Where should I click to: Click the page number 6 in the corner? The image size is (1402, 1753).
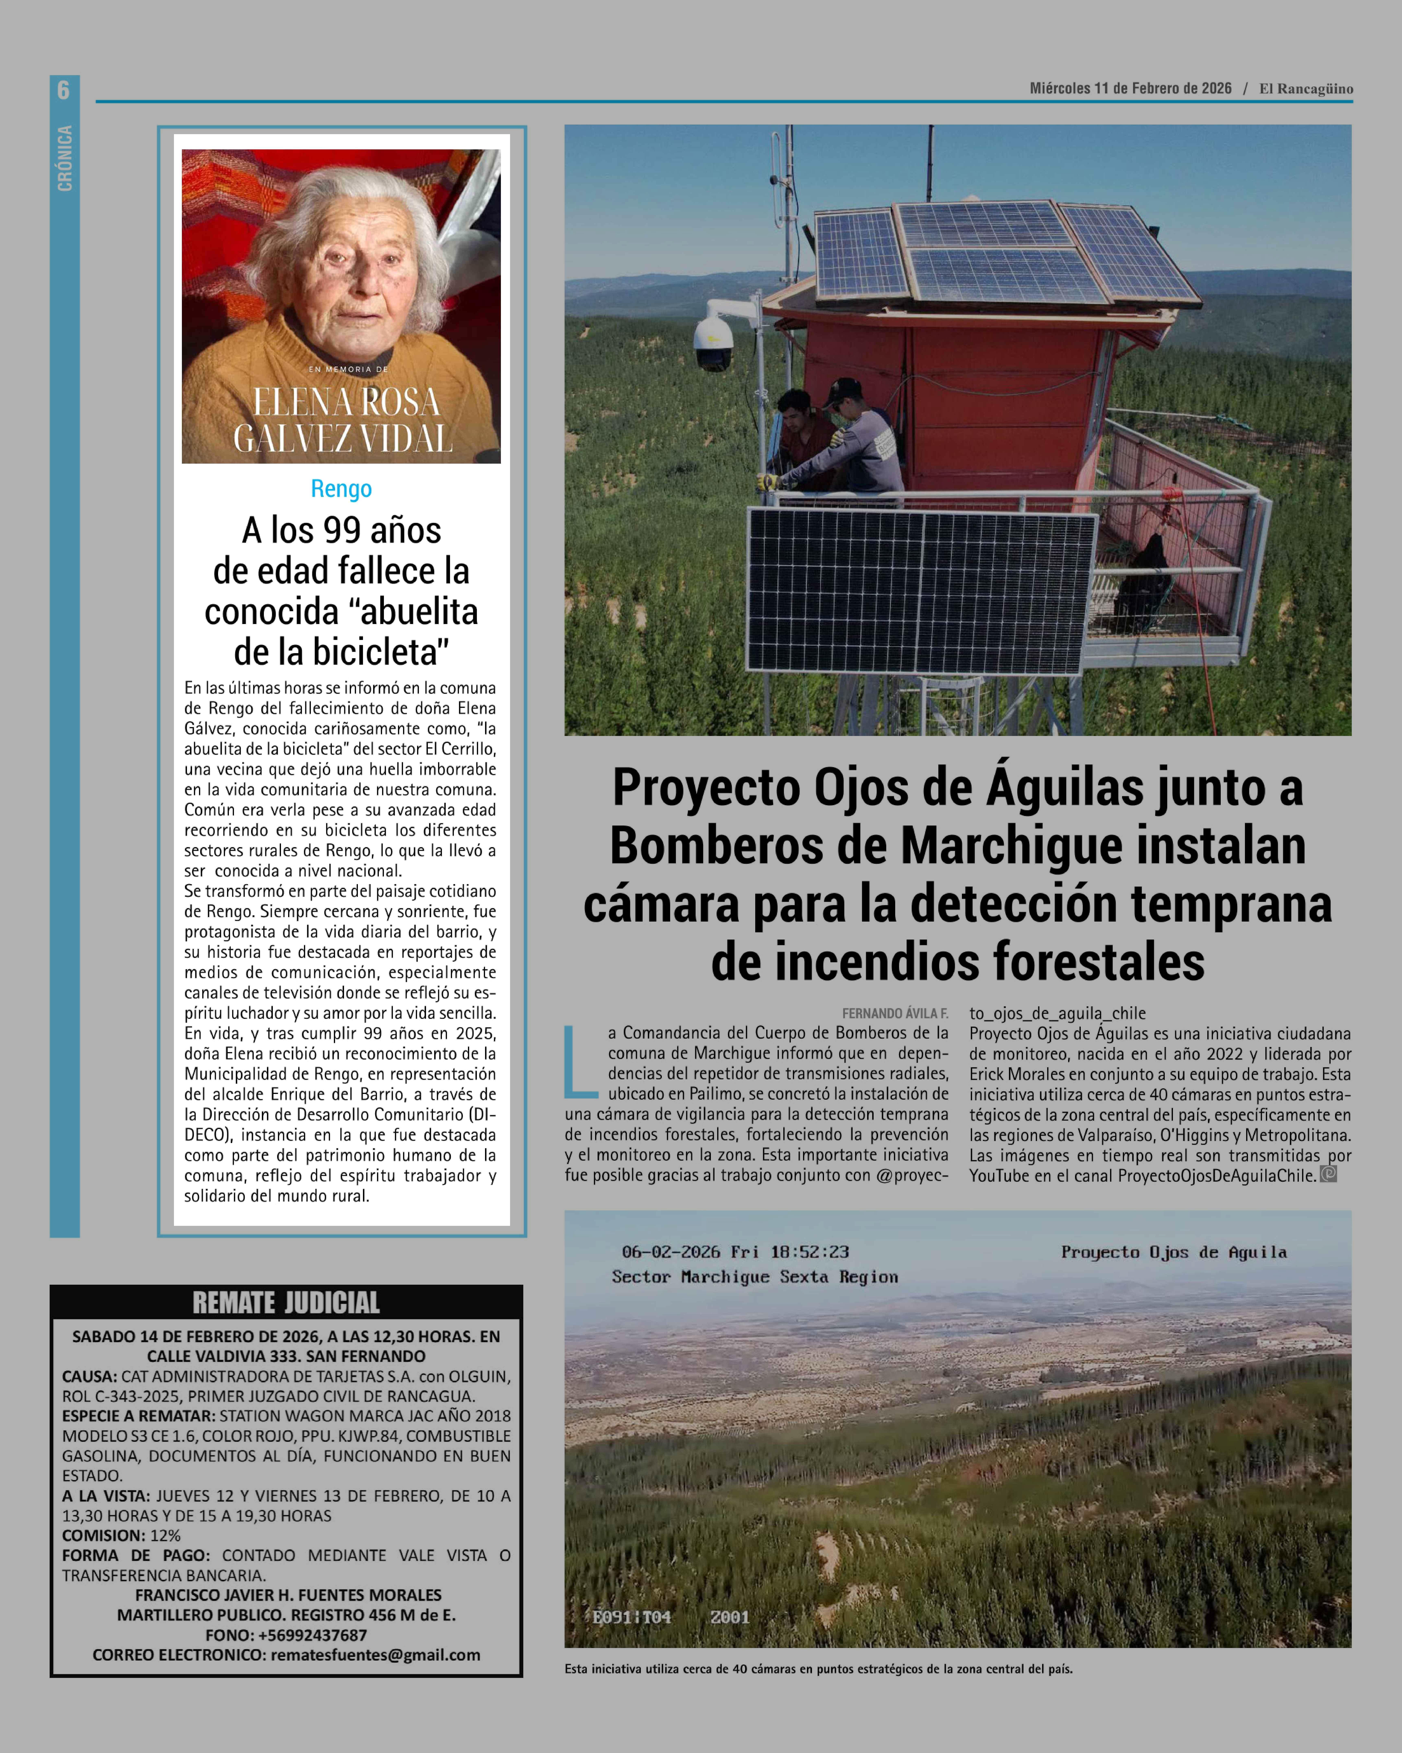[x=63, y=89]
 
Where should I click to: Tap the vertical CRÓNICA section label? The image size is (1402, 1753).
[x=64, y=159]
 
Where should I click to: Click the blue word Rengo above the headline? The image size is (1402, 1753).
[x=341, y=489]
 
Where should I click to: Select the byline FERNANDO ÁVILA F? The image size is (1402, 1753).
[x=895, y=1013]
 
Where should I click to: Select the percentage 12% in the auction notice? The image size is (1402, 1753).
[x=165, y=1535]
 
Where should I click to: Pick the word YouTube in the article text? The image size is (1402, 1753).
[x=998, y=1176]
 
